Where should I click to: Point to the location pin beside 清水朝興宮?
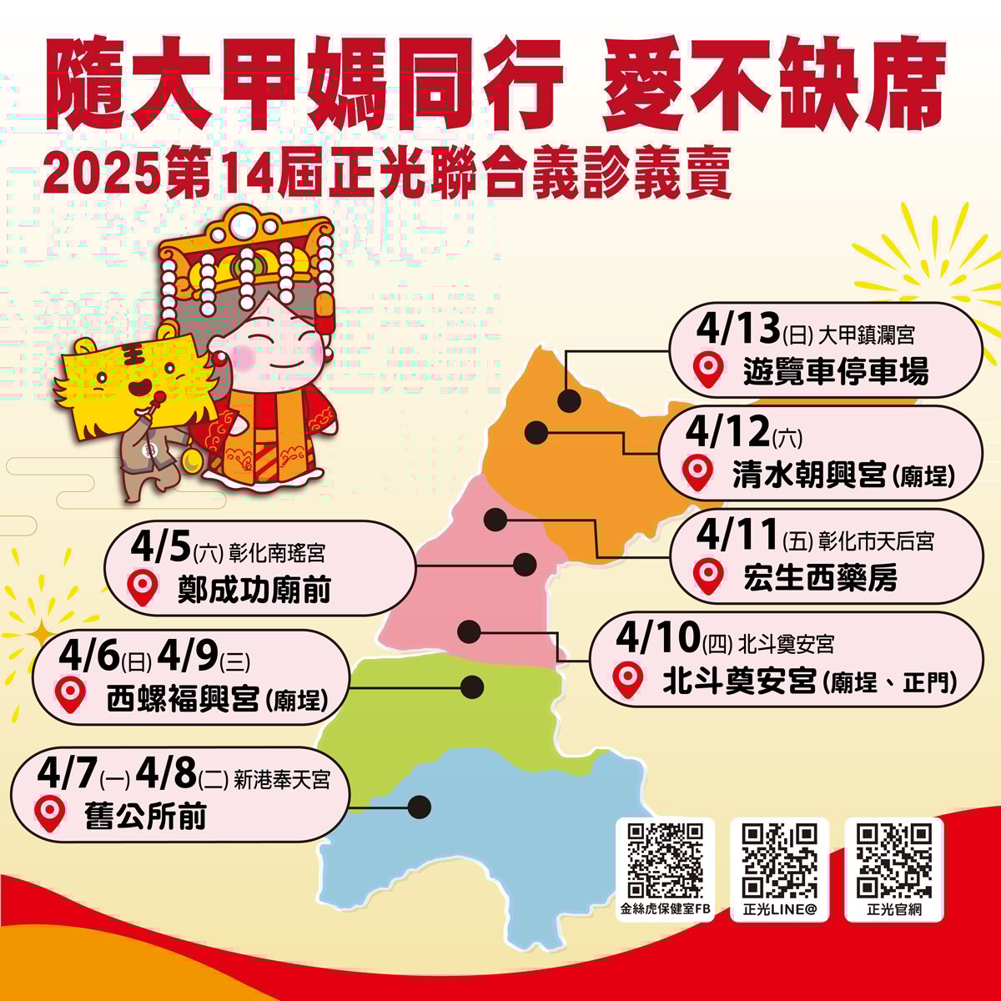tap(697, 472)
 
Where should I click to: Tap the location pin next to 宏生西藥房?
tap(708, 576)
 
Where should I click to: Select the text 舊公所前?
tap(146, 815)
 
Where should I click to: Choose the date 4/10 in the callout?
tap(656, 639)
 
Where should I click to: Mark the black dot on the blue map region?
tap(420, 807)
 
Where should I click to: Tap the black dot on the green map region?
tap(472, 687)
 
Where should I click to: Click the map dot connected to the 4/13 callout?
tap(569, 401)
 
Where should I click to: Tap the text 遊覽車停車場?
tap(835, 371)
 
